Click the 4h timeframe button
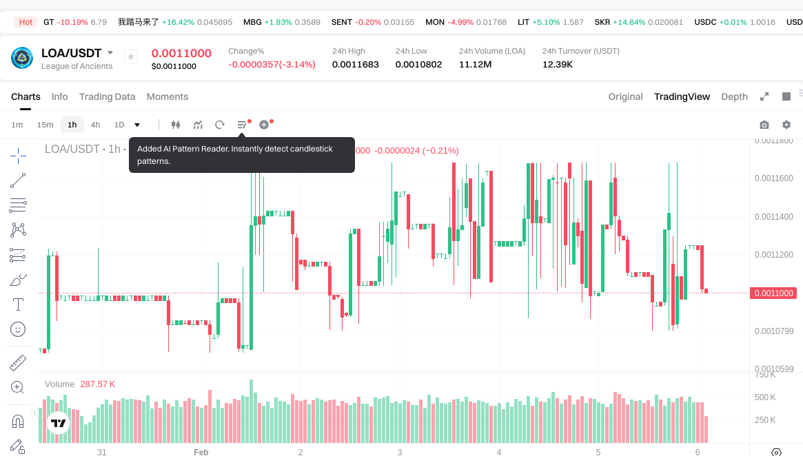pos(95,125)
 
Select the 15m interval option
pos(45,125)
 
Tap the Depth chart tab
pos(734,96)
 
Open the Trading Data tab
pos(107,96)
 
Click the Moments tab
pos(167,96)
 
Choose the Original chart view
pos(625,96)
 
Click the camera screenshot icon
pos(764,125)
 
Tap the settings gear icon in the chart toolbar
pos(786,125)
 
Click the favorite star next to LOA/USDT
pos(131,57)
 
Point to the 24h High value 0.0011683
pos(355,65)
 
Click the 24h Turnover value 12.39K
pos(558,65)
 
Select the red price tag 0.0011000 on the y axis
pos(774,293)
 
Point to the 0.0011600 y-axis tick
pos(773,178)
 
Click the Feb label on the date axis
pos(201,452)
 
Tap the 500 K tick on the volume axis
pos(765,397)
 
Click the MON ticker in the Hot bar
pos(435,22)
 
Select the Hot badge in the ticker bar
pos(26,22)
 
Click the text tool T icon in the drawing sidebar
pos(18,304)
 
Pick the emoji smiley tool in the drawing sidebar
pos(18,329)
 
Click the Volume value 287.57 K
pos(98,384)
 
